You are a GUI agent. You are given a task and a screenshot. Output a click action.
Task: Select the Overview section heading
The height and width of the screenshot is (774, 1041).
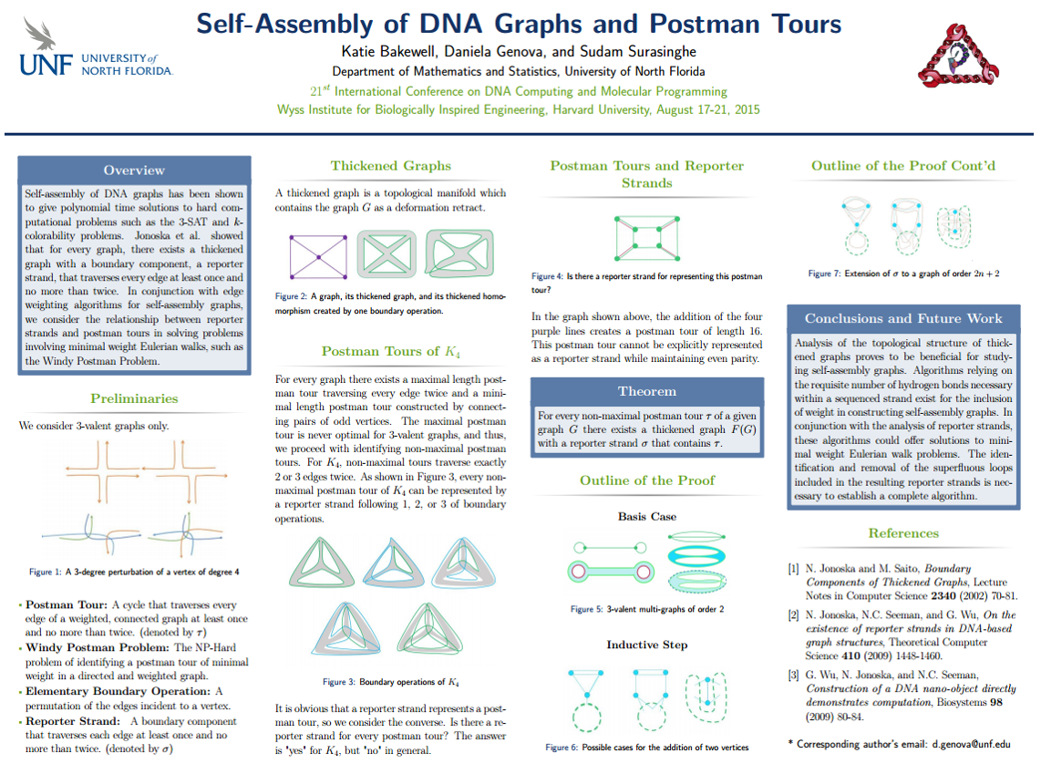(134, 170)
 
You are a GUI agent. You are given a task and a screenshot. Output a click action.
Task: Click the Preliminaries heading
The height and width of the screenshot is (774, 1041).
(134, 398)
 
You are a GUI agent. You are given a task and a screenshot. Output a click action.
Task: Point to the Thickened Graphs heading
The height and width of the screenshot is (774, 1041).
(390, 166)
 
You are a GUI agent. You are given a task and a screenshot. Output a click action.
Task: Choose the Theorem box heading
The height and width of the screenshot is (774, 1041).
(647, 391)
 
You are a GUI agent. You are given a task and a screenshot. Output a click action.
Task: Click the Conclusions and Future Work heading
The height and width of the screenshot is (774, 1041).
(902, 318)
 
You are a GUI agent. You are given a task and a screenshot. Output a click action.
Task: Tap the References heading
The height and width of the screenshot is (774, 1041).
(902, 533)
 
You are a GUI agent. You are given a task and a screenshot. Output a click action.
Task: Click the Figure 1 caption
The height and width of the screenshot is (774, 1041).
(134, 573)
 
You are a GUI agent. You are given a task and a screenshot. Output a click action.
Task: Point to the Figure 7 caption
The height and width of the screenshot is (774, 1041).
(902, 273)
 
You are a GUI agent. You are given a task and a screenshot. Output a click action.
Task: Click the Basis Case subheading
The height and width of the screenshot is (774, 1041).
(646, 517)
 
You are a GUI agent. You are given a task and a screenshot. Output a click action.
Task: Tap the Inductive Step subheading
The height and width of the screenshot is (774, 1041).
(646, 645)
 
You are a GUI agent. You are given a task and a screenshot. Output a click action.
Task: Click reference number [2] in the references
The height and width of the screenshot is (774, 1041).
(794, 615)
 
